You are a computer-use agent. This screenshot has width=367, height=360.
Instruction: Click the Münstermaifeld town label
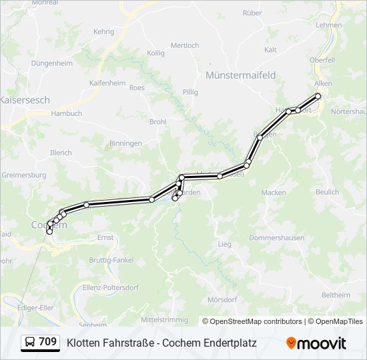point(241,75)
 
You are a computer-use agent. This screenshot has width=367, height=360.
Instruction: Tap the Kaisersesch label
point(24,100)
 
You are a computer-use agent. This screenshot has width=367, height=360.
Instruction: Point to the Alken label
point(323,83)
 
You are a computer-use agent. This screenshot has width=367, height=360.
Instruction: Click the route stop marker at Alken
point(318,96)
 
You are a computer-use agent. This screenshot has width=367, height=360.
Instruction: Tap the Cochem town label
point(49,225)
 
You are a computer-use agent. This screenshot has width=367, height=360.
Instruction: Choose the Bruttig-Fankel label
point(111,259)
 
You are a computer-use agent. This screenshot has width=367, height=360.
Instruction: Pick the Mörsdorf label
point(222,299)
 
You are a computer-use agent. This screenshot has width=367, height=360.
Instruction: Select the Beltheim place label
point(336,295)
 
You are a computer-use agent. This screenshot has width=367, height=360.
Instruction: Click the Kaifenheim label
point(107,83)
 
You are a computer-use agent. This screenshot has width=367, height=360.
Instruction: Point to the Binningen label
point(125,143)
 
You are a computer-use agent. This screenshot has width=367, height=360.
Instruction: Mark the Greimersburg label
point(24,175)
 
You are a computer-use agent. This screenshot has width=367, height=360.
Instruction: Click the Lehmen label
point(329,25)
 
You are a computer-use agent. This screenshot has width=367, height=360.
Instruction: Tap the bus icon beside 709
point(30,343)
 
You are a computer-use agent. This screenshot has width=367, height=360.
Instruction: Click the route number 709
point(48,342)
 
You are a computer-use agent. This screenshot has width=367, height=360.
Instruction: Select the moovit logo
point(316,343)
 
